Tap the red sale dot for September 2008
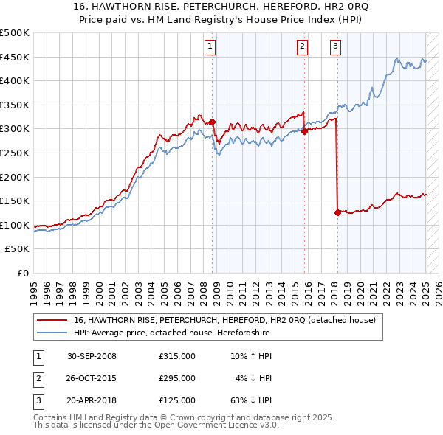coord(213,122)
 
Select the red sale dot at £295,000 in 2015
coord(305,132)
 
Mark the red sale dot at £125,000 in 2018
coord(337,212)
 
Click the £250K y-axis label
coord(16,153)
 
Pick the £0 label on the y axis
coord(23,273)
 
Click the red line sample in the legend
coord(52,320)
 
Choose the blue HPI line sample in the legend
coord(52,333)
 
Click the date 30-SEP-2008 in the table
coord(92,356)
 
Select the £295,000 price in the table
coord(176,378)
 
